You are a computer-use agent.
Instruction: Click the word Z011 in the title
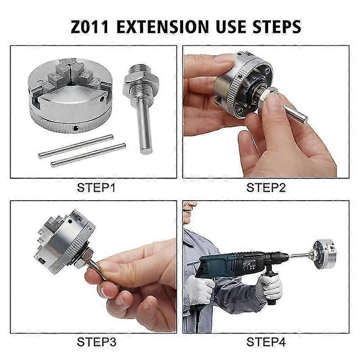90,26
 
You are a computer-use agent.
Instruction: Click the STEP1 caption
96,188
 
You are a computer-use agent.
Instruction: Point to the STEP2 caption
266,188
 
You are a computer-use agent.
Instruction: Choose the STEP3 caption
96,342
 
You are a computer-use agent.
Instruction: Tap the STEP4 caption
266,342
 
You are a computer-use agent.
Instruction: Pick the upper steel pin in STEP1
74,147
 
